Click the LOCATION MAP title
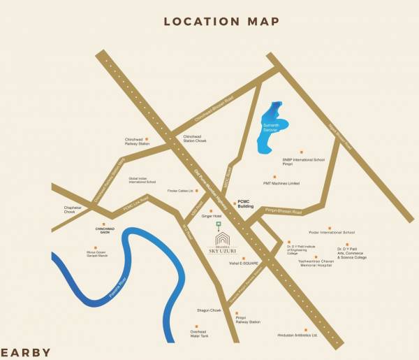pyautogui.click(x=221, y=21)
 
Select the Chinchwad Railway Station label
pyautogui.click(x=138, y=142)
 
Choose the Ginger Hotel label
pyautogui.click(x=211, y=217)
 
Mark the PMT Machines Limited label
pyautogui.click(x=281, y=183)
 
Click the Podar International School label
pyautogui.click(x=332, y=232)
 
